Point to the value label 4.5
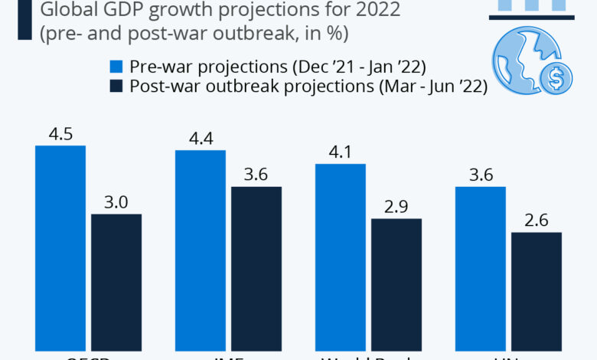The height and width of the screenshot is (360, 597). [x=60, y=133]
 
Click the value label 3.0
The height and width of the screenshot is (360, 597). [x=116, y=202]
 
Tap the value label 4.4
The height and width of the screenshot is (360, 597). [x=201, y=138]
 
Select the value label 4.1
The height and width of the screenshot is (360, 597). [x=341, y=152]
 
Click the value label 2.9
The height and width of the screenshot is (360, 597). [x=396, y=207]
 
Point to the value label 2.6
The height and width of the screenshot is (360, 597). [x=537, y=221]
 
